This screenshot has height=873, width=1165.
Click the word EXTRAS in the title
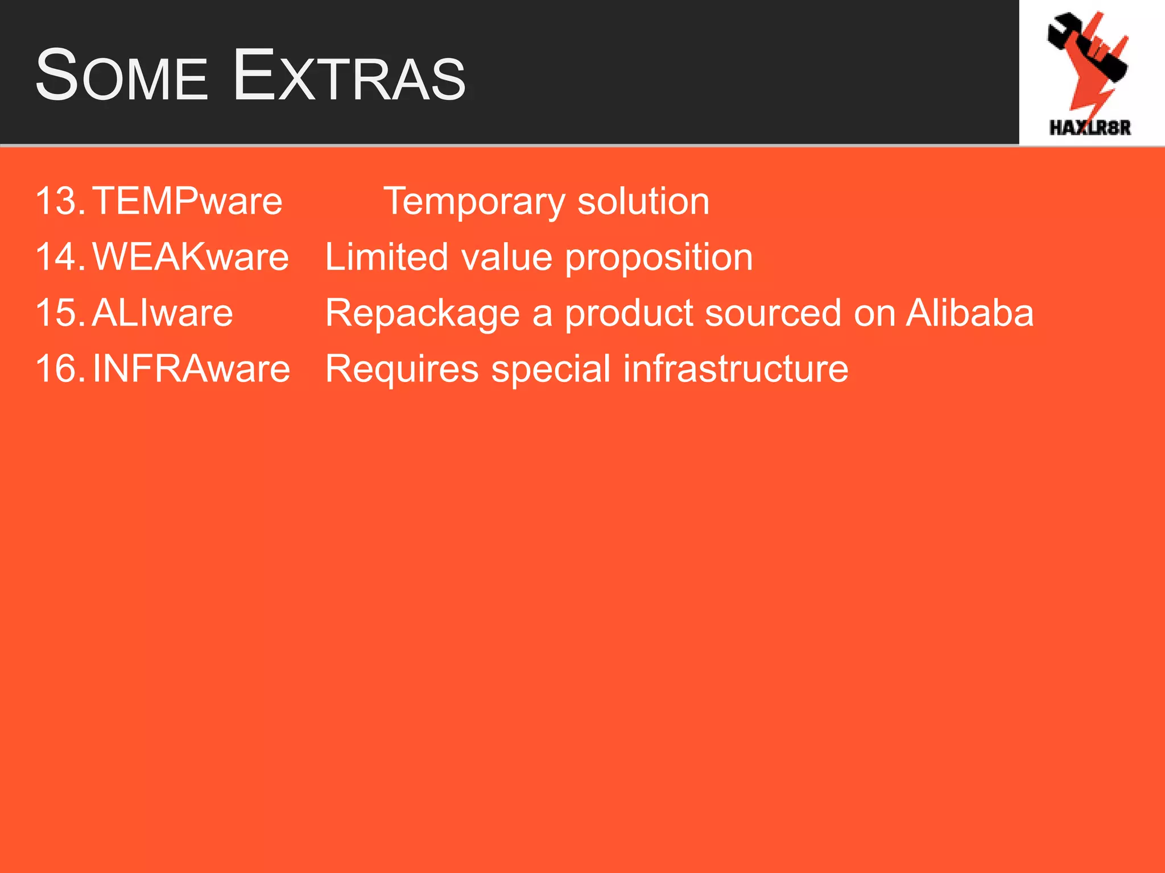pyautogui.click(x=349, y=76)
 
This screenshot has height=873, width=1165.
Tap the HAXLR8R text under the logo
pyautogui.click(x=1089, y=128)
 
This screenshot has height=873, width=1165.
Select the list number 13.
pyautogui.click(x=59, y=201)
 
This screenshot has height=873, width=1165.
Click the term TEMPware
pyautogui.click(x=187, y=201)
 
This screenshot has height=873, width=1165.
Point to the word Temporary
pyautogui.click(x=474, y=202)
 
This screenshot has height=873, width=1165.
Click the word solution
pyautogui.click(x=643, y=201)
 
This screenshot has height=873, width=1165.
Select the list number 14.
pyautogui.click(x=59, y=256)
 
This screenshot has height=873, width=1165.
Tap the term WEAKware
pyautogui.click(x=191, y=256)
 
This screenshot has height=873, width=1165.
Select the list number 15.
pyautogui.click(x=59, y=313)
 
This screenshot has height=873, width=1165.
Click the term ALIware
pyautogui.click(x=162, y=313)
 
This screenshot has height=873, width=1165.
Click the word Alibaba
pyautogui.click(x=969, y=313)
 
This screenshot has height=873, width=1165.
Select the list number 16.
pyautogui.click(x=59, y=368)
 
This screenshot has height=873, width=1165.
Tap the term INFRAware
pyautogui.click(x=191, y=368)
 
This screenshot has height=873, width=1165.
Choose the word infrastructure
pyautogui.click(x=736, y=368)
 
